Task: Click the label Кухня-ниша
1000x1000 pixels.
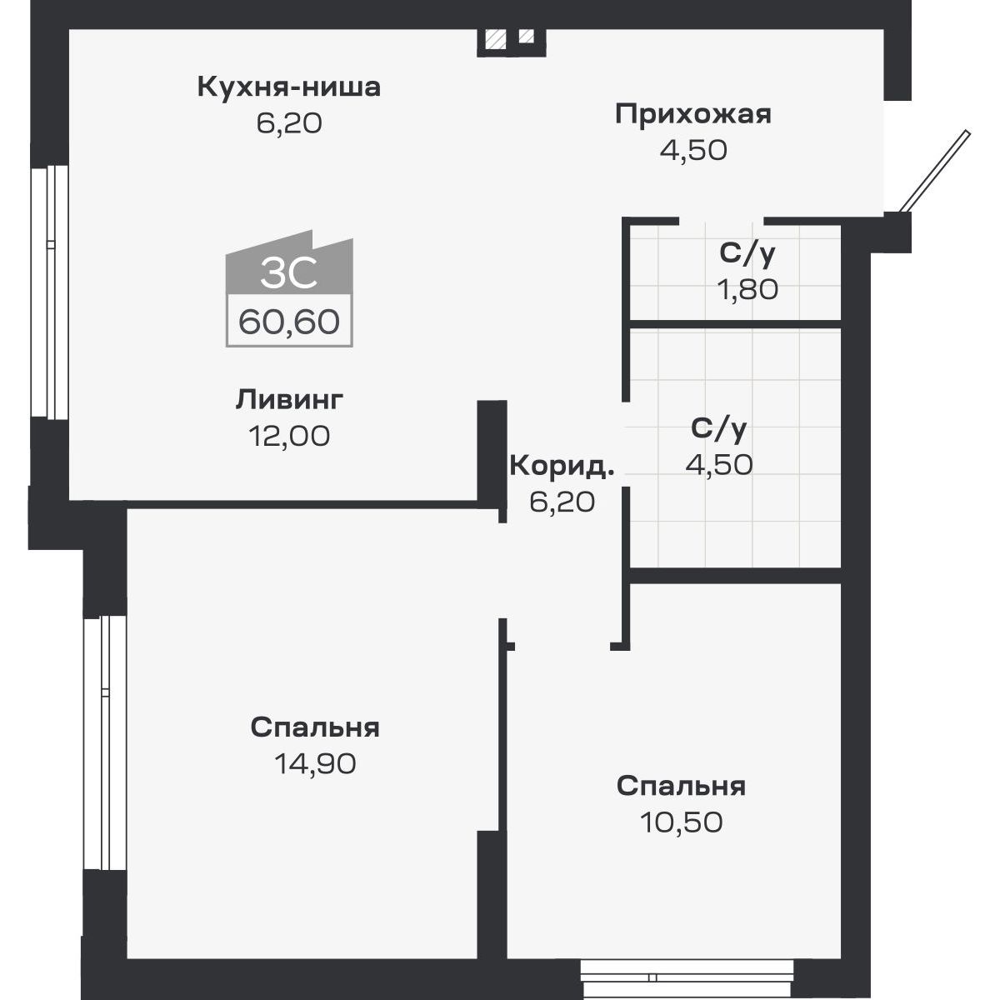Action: [x=288, y=87]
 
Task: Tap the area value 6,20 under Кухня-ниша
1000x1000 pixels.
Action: [x=288, y=123]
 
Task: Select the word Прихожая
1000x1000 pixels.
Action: [x=693, y=114]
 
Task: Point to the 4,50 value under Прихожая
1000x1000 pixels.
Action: [x=693, y=150]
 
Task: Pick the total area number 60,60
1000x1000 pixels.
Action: [x=289, y=321]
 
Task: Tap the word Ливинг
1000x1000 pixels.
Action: [x=289, y=399]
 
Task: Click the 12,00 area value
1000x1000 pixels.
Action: [x=289, y=435]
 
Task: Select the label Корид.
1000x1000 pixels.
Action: [x=562, y=466]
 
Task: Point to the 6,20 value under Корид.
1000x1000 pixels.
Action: [x=562, y=502]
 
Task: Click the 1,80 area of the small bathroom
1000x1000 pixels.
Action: [x=747, y=289]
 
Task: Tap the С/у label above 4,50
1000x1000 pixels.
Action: [x=719, y=429]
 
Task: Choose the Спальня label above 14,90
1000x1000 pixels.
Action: [x=315, y=727]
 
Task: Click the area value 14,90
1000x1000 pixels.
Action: [x=315, y=763]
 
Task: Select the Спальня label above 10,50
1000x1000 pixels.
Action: [x=681, y=786]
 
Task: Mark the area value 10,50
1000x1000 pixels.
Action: [x=681, y=822]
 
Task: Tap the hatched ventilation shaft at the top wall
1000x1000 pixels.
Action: [x=497, y=38]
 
